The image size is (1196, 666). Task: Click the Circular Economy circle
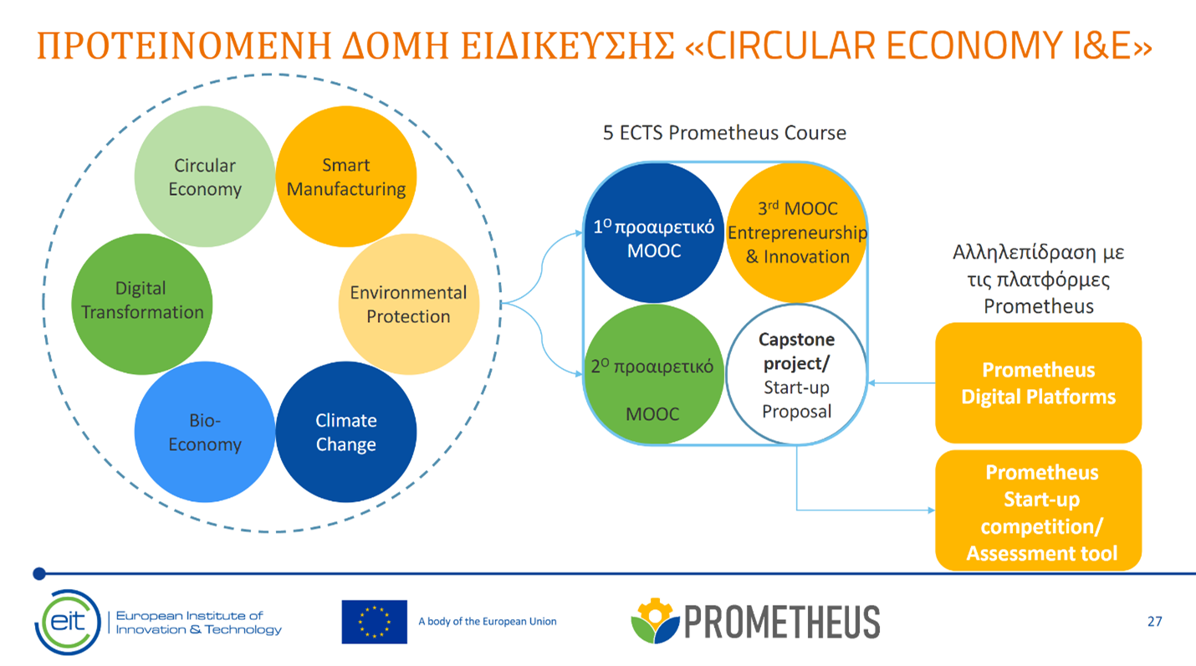click(205, 177)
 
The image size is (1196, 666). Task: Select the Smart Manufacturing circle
click(346, 177)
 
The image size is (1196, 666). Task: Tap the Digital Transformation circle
click(142, 304)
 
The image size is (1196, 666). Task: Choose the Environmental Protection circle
click(409, 304)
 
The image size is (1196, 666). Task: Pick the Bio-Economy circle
click(205, 432)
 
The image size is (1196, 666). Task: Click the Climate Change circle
click(346, 432)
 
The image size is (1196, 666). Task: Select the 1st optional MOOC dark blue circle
click(654, 233)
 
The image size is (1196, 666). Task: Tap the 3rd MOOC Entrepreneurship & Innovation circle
click(796, 233)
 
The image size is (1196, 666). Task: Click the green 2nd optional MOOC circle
click(654, 374)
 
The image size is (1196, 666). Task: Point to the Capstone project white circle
click(796, 374)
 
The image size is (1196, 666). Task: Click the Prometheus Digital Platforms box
click(1039, 383)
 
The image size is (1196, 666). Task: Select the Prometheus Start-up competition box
click(1039, 511)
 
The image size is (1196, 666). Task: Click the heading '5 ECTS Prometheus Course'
click(724, 132)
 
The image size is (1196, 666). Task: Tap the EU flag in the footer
click(375, 622)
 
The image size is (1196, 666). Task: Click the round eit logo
click(68, 622)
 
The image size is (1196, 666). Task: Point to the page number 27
click(1154, 621)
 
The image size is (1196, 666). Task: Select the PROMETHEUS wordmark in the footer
click(782, 622)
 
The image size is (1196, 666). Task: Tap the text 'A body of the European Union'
click(488, 621)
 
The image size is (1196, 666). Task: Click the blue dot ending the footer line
click(39, 574)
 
